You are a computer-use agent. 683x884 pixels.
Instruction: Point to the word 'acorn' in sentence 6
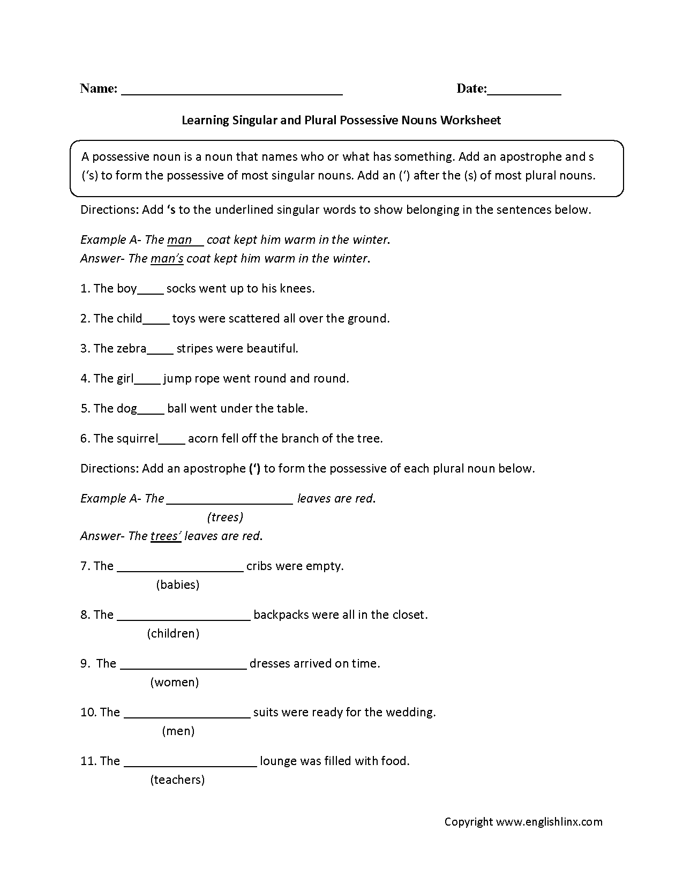[203, 439]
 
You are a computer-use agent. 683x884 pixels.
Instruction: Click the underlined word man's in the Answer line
[167, 259]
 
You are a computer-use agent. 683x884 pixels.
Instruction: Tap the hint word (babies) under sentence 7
[178, 585]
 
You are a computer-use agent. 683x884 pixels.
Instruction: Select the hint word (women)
[175, 682]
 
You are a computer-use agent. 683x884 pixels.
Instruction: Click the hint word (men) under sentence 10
[178, 731]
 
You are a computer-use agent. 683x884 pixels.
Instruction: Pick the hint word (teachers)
[177, 780]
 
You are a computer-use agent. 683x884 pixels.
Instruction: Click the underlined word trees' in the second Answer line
[166, 536]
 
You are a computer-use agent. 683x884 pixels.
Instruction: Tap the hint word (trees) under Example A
[225, 517]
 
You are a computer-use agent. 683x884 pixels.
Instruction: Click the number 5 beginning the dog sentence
[84, 409]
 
